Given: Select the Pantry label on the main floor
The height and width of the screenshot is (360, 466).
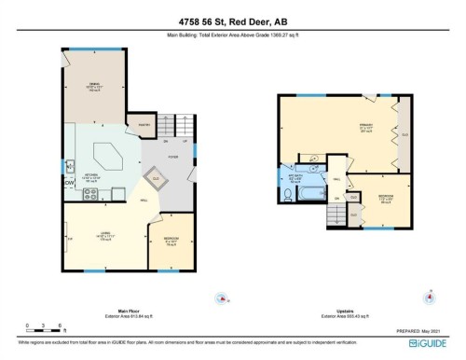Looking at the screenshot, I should [144, 124].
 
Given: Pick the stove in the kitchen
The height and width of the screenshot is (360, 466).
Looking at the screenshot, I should [91, 196].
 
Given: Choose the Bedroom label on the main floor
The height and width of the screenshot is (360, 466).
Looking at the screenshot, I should [171, 239].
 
